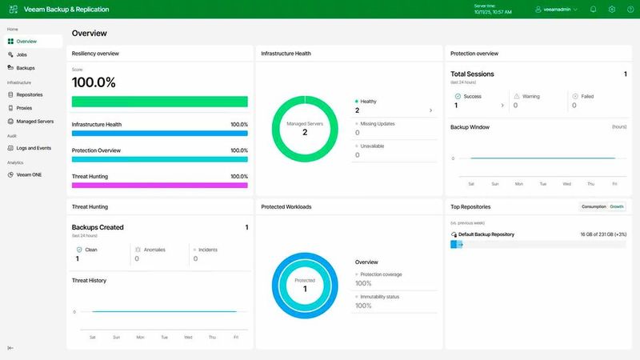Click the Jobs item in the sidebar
(22, 54)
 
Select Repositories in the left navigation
(29, 94)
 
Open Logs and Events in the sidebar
(34, 148)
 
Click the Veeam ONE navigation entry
(29, 174)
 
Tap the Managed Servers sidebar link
(34, 122)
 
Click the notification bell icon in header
(593, 10)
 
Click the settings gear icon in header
(611, 10)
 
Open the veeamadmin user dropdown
(556, 10)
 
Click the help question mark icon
(629, 10)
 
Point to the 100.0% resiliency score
(94, 82)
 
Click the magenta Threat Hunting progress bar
(159, 185)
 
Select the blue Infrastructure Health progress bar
(159, 134)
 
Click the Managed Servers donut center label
(305, 129)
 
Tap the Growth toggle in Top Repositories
(617, 206)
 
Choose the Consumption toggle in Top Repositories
(594, 206)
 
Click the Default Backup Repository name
(486, 234)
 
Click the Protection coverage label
(380, 274)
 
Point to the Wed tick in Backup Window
(567, 184)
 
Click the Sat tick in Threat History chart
(92, 338)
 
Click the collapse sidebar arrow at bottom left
(10, 348)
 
